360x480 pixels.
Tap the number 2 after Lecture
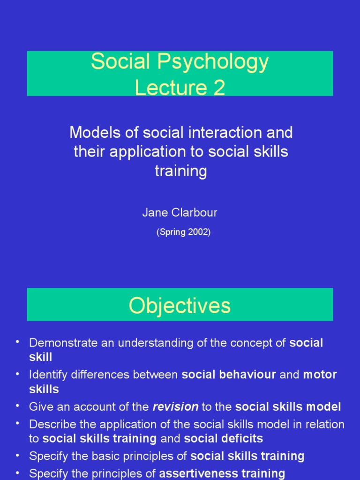pyautogui.click(x=218, y=88)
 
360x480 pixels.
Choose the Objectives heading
pyautogui.click(x=180, y=306)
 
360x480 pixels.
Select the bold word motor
pyautogui.click(x=320, y=375)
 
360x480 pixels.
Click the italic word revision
pyautogui.click(x=175, y=407)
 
